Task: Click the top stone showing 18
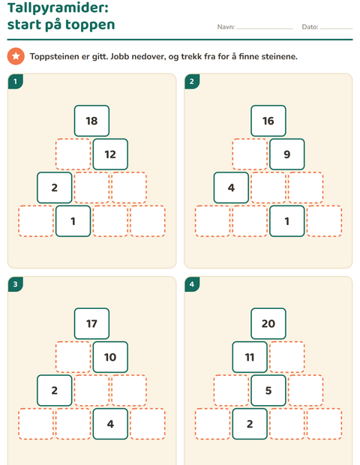[91, 121]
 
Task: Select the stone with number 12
[110, 154]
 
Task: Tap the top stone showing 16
[268, 121]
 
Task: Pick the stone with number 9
[287, 154]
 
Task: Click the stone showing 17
[91, 323]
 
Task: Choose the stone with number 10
[110, 357]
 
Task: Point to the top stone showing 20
[268, 323]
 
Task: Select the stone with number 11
[250, 357]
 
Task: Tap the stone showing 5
[268, 391]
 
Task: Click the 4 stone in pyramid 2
[231, 187]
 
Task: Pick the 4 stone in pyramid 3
[110, 424]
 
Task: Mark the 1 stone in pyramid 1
[73, 221]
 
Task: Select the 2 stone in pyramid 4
[250, 424]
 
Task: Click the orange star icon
[16, 56]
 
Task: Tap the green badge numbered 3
[16, 284]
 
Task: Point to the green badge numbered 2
[192, 82]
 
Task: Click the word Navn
[226, 27]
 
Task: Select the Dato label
[310, 27]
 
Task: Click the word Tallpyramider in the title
[58, 7]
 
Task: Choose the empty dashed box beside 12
[73, 154]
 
